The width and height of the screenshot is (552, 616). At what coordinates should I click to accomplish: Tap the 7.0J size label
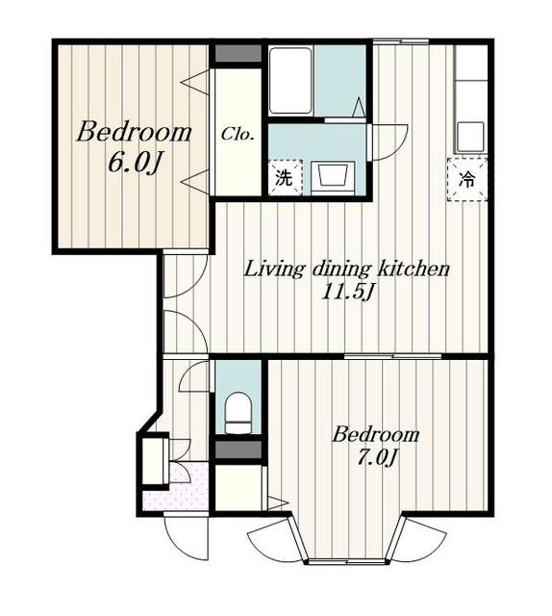[x=377, y=456]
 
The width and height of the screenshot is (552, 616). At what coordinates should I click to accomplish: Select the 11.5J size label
[x=346, y=292]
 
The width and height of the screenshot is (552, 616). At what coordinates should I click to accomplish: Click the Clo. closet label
[x=238, y=135]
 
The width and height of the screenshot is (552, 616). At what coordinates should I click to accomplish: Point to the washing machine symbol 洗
[x=285, y=177]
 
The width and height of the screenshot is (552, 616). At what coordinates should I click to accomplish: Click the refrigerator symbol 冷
[x=467, y=180]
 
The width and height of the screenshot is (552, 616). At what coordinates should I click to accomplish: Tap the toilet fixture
[x=238, y=413]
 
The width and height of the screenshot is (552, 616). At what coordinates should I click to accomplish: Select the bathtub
[x=290, y=81]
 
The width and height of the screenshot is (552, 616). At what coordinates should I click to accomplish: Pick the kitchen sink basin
[x=470, y=137]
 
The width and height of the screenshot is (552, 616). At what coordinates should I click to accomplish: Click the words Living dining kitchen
[x=346, y=269]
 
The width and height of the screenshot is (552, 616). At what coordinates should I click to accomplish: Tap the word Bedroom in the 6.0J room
[x=135, y=133]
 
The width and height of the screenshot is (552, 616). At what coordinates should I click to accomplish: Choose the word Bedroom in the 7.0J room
[x=376, y=434]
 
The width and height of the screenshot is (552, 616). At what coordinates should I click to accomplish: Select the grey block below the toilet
[x=238, y=449]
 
